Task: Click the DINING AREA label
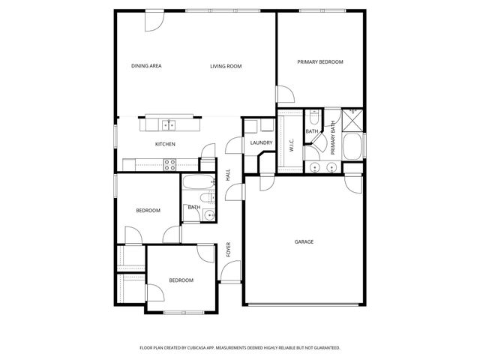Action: coord(146,66)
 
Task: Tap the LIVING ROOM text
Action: coord(225,67)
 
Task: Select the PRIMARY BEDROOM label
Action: coord(319,62)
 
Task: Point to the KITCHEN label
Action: coord(165,144)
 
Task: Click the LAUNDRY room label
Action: coord(261,142)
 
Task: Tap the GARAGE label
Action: coord(304,241)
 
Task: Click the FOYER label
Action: coord(229,250)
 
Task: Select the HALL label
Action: coord(227,175)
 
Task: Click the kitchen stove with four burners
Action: coord(170,163)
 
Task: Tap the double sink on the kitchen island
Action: coord(169,123)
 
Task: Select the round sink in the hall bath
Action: coord(208,214)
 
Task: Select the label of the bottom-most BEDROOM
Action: coord(181,280)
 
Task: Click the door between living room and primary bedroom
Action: coord(285,94)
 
